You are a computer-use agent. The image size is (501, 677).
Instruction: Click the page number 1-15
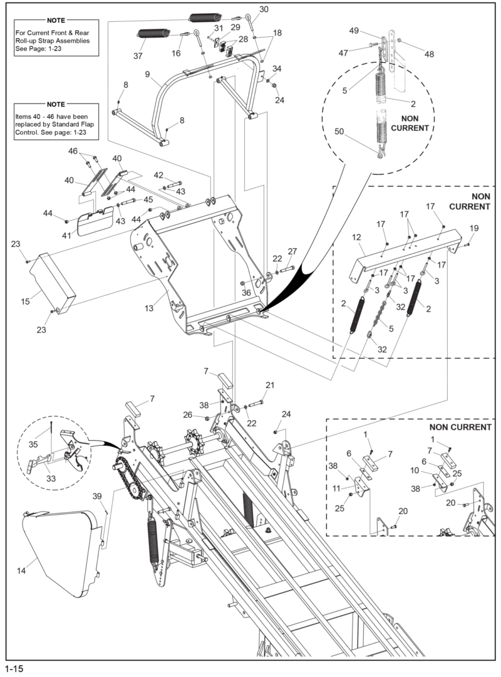click(x=14, y=669)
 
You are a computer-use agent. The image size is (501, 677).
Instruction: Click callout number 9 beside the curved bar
click(x=148, y=74)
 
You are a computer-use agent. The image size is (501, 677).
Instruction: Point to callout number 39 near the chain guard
click(x=97, y=496)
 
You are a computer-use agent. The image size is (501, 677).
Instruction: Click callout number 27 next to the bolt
click(x=292, y=251)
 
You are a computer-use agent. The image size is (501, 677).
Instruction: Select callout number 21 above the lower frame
click(x=269, y=385)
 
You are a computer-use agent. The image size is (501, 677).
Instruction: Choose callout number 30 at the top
click(x=264, y=9)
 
